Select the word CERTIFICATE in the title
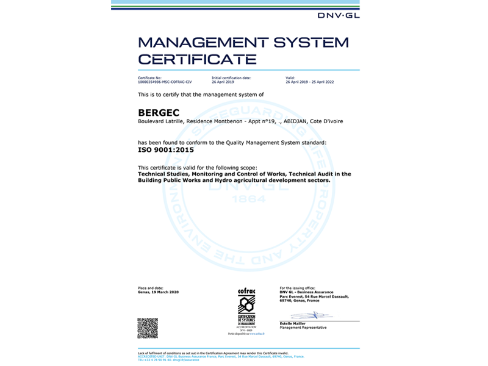[197, 59]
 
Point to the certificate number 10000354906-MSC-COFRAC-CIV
[165, 82]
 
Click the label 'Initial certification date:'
[231, 78]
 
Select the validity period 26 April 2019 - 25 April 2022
[309, 82]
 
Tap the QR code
[148, 328]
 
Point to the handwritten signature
[311, 315]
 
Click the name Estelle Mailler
[293, 324]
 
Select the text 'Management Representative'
[303, 328]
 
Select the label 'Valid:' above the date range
[290, 78]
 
